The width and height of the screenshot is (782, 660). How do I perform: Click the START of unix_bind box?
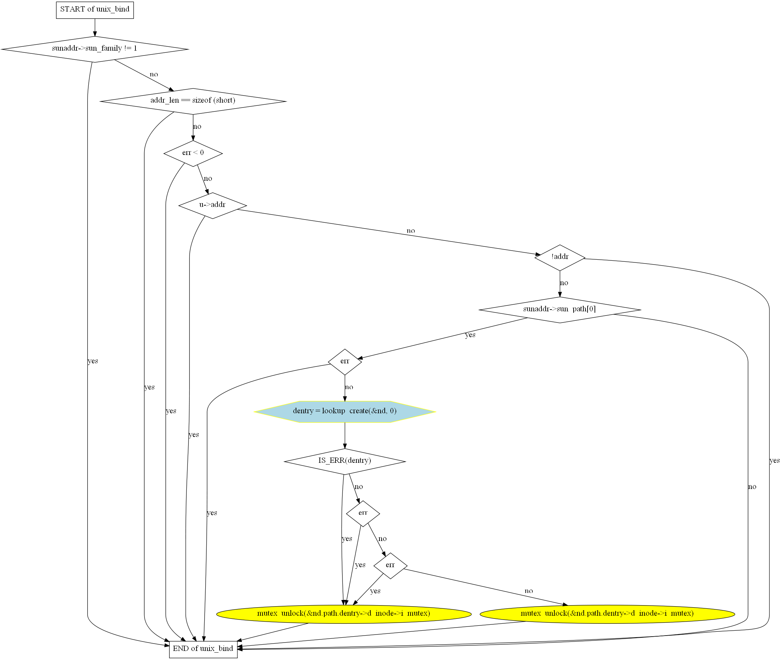coord(95,10)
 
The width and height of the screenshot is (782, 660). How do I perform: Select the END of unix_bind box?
coord(203,648)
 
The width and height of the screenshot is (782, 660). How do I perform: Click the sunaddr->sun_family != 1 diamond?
coord(95,49)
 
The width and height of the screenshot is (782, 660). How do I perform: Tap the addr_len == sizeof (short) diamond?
coord(193,101)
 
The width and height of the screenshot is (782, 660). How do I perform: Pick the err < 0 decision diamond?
coord(193,153)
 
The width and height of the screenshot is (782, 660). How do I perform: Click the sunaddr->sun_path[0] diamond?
coord(560,310)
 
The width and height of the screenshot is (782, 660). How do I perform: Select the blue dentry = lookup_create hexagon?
coord(345,411)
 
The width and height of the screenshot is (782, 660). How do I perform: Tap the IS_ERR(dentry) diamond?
coord(345,461)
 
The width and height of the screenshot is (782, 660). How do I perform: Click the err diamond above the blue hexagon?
coord(345,362)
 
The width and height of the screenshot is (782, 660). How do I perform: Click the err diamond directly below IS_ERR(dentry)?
coord(363,513)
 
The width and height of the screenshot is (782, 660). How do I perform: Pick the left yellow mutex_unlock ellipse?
coord(344,614)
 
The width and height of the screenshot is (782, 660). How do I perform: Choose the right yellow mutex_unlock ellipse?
coord(607,614)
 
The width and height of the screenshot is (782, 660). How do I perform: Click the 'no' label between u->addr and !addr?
coord(411,231)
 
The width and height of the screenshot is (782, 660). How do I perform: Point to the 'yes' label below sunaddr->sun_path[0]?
coord(470,335)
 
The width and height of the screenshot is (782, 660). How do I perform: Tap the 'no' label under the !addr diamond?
coord(564,283)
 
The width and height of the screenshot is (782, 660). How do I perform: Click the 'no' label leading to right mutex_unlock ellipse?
coord(528,591)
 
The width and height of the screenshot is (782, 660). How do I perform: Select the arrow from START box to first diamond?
coord(95,27)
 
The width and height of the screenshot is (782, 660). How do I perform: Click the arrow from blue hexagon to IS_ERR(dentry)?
coord(345,436)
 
